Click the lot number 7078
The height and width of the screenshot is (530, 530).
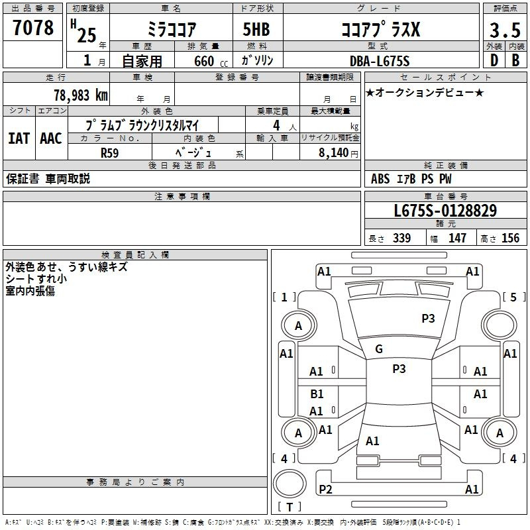click(x=33, y=28)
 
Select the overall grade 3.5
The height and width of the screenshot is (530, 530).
click(x=505, y=30)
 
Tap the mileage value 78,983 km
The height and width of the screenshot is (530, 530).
click(x=81, y=95)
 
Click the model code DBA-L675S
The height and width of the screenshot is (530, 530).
click(x=380, y=61)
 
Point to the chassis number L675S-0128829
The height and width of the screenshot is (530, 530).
click(x=445, y=211)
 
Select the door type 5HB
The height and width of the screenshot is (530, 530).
click(x=256, y=29)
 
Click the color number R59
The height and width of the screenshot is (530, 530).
click(x=109, y=153)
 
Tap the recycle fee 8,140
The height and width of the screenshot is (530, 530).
click(x=333, y=152)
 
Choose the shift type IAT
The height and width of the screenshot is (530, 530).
click(x=19, y=138)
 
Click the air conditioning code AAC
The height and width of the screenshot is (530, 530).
click(x=51, y=138)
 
